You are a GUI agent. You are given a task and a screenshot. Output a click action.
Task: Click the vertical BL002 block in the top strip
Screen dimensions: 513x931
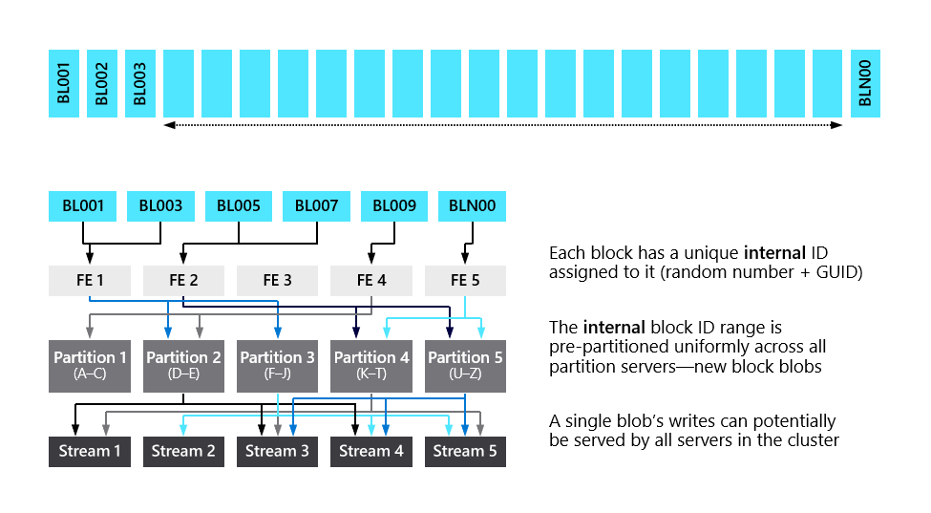[x=101, y=83]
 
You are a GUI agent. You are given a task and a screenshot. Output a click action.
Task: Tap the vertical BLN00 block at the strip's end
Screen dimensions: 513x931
[x=865, y=83]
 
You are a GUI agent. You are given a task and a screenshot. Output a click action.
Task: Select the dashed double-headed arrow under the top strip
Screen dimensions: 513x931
[x=502, y=125]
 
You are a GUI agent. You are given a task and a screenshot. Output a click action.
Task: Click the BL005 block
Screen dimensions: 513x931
[x=239, y=205]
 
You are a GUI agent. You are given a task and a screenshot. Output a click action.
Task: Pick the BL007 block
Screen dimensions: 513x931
[x=317, y=205]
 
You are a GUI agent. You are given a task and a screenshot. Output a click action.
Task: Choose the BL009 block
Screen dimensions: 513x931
[x=394, y=205]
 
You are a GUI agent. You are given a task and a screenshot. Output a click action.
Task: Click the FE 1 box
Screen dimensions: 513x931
[x=89, y=281]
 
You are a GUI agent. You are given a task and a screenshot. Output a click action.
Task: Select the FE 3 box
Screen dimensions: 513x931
[x=277, y=281]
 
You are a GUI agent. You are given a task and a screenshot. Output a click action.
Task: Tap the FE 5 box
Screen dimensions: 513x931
[x=465, y=281]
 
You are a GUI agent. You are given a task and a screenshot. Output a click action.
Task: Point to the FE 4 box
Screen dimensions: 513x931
[x=370, y=281]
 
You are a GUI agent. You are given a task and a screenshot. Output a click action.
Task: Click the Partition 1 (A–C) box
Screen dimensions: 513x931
[x=90, y=364]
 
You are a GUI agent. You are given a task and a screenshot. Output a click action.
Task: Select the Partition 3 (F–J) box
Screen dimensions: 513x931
[x=277, y=364]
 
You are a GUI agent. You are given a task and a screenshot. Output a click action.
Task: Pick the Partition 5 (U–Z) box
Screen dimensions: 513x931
[x=465, y=364]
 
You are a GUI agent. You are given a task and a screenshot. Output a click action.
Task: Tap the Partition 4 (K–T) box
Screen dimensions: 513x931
[x=371, y=364]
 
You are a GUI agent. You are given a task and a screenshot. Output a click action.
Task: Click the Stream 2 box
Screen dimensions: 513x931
[x=183, y=451]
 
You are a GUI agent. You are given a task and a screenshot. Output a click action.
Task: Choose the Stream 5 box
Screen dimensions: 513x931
[x=465, y=451]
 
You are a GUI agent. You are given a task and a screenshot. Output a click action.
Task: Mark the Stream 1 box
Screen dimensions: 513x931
[x=90, y=451]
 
